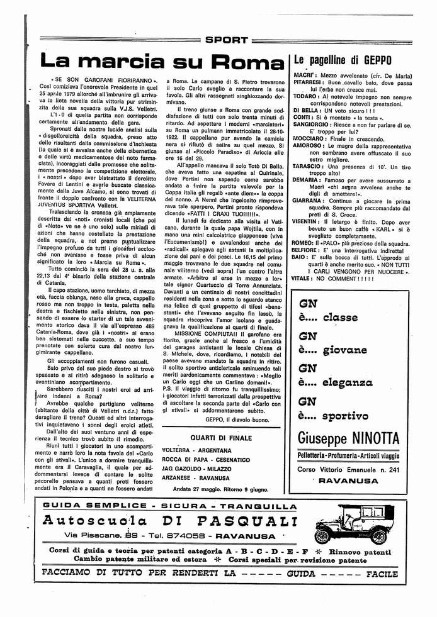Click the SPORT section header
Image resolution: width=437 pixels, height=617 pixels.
227,40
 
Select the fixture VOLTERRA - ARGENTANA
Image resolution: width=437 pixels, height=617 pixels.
196,451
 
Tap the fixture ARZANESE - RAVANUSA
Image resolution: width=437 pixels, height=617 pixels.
196,477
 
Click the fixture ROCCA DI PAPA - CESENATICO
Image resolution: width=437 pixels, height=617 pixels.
206,460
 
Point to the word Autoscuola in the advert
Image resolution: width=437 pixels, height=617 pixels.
95,521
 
